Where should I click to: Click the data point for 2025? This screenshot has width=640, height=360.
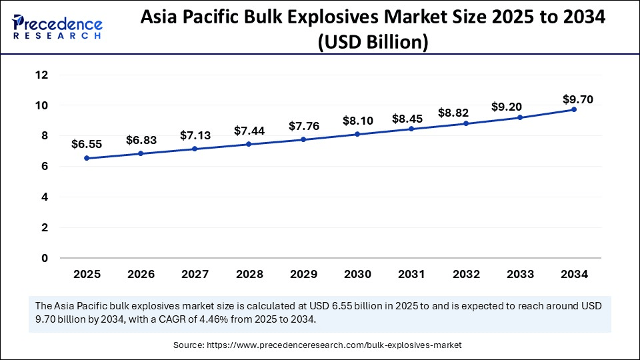(x=87, y=158)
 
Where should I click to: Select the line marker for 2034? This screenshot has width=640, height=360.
(x=574, y=109)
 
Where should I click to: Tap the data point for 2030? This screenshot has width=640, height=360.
(x=357, y=134)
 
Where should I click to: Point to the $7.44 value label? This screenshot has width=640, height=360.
(x=249, y=131)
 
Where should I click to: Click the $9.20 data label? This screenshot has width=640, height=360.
(x=507, y=106)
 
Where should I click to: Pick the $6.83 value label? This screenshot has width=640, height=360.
(x=141, y=140)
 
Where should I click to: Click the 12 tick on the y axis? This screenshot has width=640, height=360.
(x=42, y=75)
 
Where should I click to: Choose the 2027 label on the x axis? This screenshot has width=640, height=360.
(x=195, y=274)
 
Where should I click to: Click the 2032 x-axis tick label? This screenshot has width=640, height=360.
(x=465, y=274)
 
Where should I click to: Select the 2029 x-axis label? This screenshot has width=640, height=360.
(x=303, y=274)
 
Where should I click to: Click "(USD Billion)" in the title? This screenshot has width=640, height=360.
(x=373, y=42)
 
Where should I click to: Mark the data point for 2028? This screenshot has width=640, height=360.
(x=249, y=144)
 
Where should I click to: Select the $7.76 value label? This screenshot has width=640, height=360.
(x=303, y=126)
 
